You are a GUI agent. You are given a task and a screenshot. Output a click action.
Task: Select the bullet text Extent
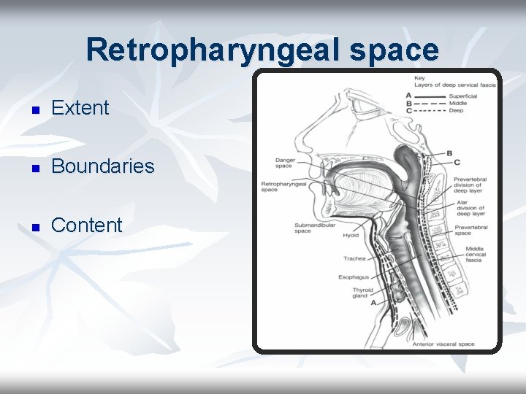[80, 108]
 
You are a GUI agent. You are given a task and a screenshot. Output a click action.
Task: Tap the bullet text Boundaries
[103, 166]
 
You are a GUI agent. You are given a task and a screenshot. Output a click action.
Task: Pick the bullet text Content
[87, 225]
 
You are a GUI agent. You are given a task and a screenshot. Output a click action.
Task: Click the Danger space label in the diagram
[283, 163]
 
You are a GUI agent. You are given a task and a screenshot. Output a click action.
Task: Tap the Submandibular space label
[314, 228]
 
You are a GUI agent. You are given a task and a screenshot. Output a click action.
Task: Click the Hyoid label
[351, 236]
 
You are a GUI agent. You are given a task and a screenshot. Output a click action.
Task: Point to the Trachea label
[354, 258]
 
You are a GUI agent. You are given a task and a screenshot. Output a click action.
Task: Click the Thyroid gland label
[362, 293]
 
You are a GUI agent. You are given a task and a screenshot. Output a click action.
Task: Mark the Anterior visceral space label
[443, 344]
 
